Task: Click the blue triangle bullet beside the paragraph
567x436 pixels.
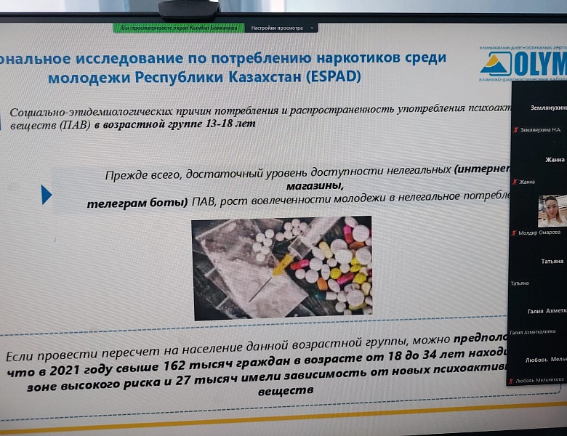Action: point(47,195)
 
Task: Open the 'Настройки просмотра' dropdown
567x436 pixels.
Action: point(282,28)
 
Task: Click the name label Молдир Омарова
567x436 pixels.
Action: point(540,232)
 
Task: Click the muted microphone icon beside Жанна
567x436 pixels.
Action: point(515,182)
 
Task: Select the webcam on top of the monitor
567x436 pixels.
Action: point(190,9)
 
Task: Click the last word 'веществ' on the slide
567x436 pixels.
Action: point(286,390)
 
